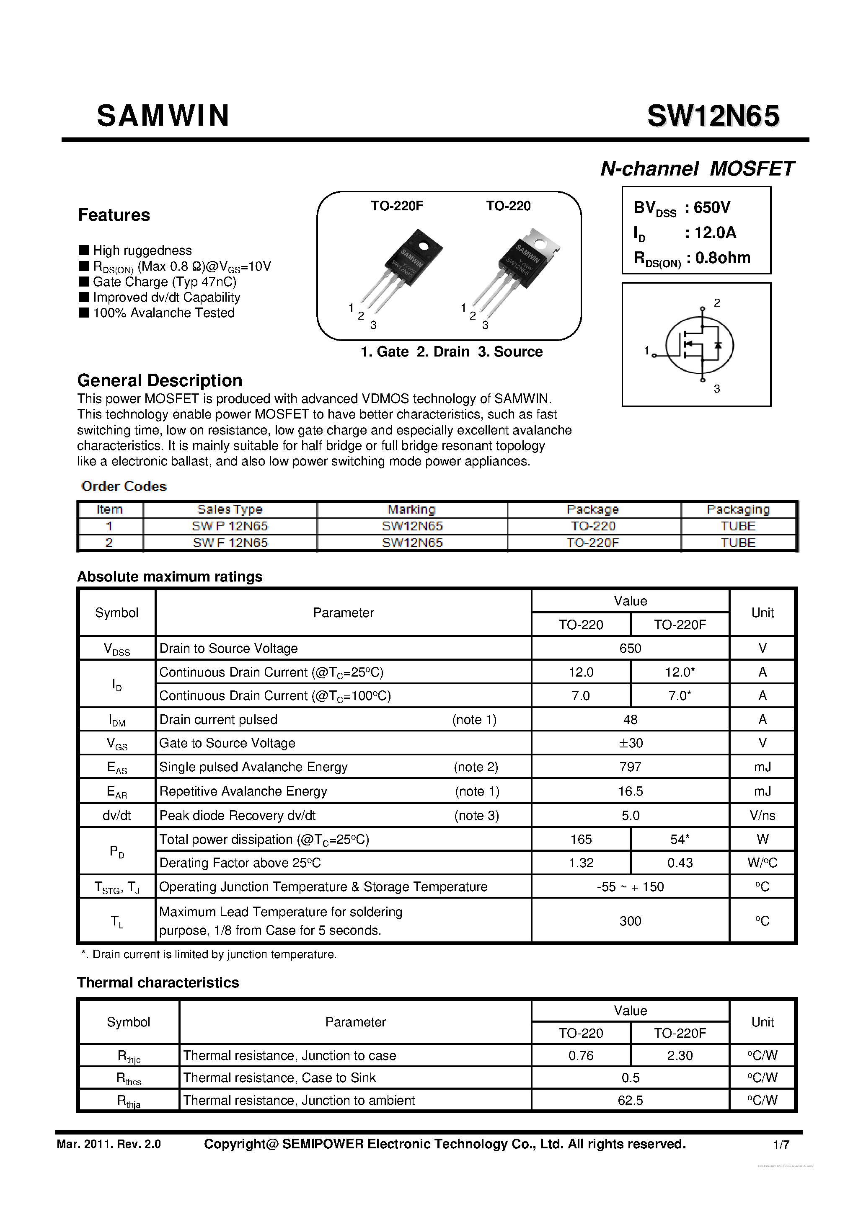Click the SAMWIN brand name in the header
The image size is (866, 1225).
[163, 116]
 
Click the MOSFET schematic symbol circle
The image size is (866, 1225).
[700, 345]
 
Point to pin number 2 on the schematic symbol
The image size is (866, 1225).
[717, 303]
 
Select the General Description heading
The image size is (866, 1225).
[160, 380]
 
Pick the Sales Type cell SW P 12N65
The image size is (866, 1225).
[230, 526]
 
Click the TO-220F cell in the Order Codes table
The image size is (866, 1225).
[593, 543]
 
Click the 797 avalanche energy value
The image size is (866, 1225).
[630, 767]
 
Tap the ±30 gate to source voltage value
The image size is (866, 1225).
[630, 743]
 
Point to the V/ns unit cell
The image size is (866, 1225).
[762, 815]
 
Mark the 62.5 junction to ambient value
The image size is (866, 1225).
[630, 1100]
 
